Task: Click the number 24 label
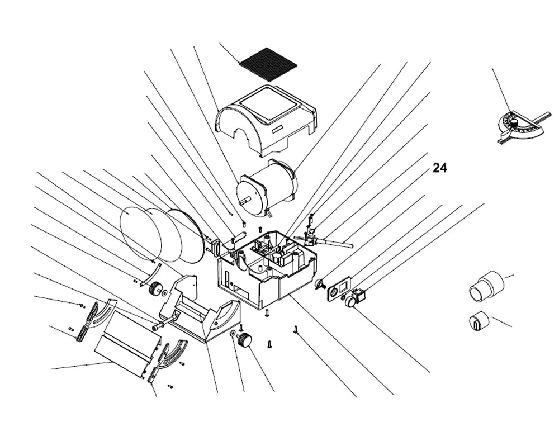440,168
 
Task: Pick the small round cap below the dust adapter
478,321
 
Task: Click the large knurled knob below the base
244,339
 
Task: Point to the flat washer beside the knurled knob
231,334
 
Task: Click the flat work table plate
126,338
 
